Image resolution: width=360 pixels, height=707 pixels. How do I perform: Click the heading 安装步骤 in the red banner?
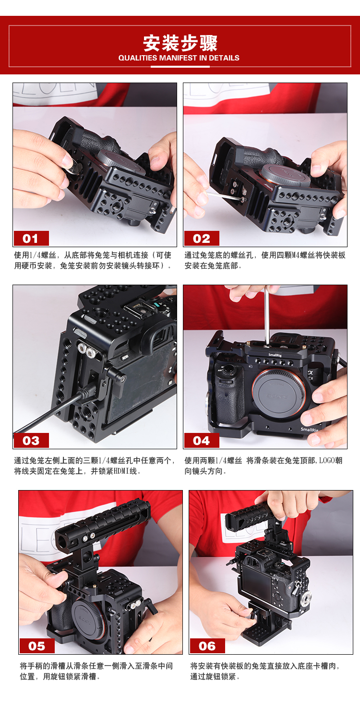click(x=180, y=43)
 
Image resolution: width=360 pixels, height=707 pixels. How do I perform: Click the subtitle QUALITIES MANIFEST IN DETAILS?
click(x=179, y=58)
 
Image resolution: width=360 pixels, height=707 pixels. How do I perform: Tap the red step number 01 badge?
click(x=31, y=238)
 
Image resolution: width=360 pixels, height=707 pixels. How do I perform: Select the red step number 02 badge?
click(x=202, y=238)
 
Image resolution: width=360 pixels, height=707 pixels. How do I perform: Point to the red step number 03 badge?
click(x=31, y=440)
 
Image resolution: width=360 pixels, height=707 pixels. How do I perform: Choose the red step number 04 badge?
click(x=202, y=440)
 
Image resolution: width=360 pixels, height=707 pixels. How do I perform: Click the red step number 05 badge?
click(x=36, y=646)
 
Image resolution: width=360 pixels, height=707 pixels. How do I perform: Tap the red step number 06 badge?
click(x=207, y=646)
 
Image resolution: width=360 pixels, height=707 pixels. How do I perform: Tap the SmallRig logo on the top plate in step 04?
click(x=275, y=355)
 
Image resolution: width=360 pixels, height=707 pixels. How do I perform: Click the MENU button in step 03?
click(x=125, y=358)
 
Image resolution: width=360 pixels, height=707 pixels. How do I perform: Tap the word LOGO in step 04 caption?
click(x=327, y=460)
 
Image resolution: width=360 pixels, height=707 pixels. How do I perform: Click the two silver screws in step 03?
click(x=87, y=350)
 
